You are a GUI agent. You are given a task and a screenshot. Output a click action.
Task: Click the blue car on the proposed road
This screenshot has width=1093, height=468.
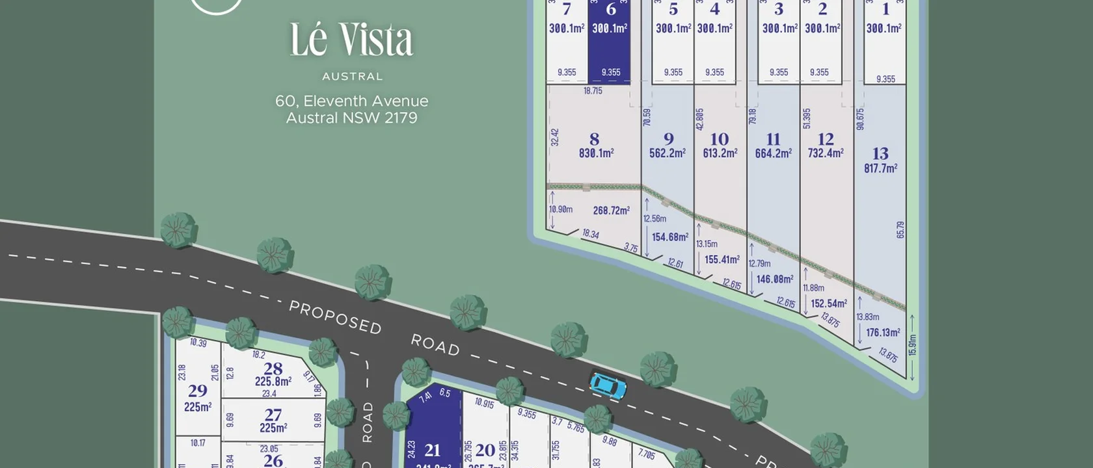[x=608, y=385]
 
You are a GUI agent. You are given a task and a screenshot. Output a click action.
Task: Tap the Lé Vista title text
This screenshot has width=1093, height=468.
[x=351, y=40]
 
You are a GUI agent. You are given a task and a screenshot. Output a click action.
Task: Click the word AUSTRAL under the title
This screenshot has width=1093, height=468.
[x=352, y=77]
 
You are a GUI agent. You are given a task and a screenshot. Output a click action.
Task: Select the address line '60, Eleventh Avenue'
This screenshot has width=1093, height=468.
[x=351, y=101]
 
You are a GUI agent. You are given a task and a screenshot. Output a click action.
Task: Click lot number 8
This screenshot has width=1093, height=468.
[x=594, y=139]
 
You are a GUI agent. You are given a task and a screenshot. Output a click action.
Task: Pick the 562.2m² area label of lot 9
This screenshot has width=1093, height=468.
[x=667, y=153]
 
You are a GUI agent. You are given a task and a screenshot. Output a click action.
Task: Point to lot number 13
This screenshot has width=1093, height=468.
[x=880, y=153]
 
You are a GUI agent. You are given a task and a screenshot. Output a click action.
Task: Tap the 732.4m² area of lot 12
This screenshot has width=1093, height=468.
[x=826, y=153]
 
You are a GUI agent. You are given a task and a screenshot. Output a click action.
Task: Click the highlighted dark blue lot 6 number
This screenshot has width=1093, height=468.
[x=610, y=9]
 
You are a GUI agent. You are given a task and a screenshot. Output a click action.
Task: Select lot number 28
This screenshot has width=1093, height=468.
[x=273, y=368]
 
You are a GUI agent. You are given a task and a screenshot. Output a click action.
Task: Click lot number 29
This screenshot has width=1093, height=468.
[x=198, y=391]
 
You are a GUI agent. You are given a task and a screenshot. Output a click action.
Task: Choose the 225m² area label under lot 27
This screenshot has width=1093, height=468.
[x=273, y=428]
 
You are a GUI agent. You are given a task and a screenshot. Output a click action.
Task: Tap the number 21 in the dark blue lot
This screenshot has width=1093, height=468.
[x=433, y=450]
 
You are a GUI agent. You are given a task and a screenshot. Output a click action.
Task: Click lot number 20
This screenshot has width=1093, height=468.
[x=485, y=450]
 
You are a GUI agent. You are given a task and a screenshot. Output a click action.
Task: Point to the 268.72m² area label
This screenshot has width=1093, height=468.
[x=611, y=211]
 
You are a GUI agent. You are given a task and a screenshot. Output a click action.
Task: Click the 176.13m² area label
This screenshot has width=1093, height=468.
[x=883, y=333]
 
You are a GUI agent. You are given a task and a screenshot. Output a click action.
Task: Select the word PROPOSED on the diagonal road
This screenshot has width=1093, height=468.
[x=335, y=317]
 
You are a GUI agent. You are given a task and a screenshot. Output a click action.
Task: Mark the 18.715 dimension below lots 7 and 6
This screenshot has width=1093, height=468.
[x=593, y=91]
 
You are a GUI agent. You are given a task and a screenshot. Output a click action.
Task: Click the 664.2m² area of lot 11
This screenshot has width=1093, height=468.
[x=773, y=153]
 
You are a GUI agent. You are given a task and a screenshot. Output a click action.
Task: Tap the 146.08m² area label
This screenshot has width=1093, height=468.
[x=774, y=279]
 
